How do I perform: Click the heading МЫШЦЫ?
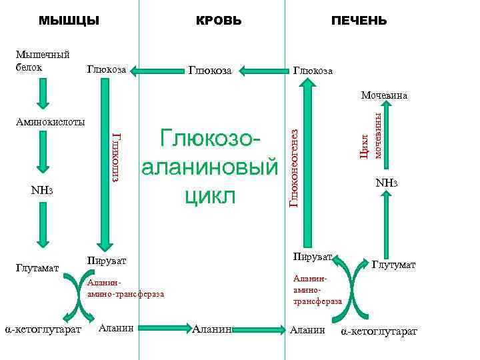pyautogui.click(x=69, y=21)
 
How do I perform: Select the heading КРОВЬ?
pyautogui.click(x=219, y=21)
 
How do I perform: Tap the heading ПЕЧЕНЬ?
pyautogui.click(x=359, y=21)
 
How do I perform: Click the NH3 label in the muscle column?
pyautogui.click(x=42, y=191)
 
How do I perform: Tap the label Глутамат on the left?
pyautogui.click(x=37, y=268)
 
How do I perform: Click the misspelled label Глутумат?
pyautogui.click(x=394, y=265)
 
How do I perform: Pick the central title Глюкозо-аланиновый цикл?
pyautogui.click(x=208, y=168)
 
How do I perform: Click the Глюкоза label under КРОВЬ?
pyautogui.click(x=211, y=70)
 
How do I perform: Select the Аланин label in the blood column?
pyautogui.click(x=211, y=329)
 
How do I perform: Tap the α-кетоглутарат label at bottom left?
pyautogui.click(x=43, y=329)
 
